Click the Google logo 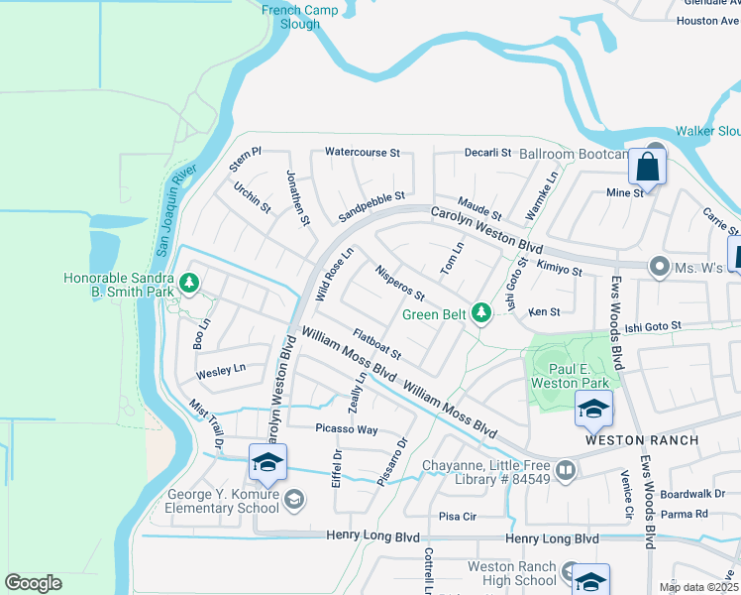(x=33, y=583)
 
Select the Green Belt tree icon (x=481, y=314)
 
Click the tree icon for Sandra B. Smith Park (x=188, y=286)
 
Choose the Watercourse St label (x=362, y=154)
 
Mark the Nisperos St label (x=399, y=283)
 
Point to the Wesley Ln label (x=220, y=371)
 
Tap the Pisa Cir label (x=458, y=517)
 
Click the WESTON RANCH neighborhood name (x=642, y=439)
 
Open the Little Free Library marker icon (x=566, y=470)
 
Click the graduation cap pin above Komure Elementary (x=267, y=463)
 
